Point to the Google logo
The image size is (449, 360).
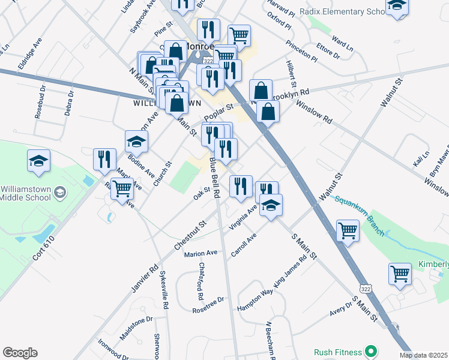(x=20, y=353)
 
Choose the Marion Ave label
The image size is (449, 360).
(x=200, y=254)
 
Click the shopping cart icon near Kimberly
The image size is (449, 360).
(x=400, y=274)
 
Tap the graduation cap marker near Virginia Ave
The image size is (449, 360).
(x=271, y=205)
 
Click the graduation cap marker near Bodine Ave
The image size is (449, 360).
(x=137, y=142)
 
